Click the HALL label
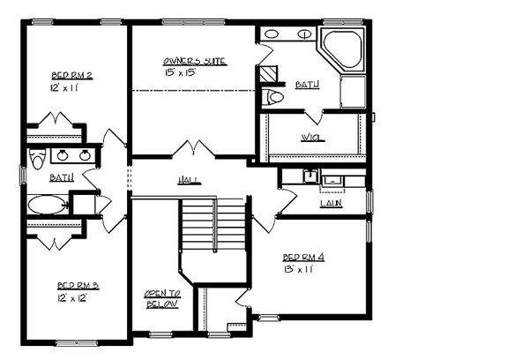188,180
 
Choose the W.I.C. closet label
309,137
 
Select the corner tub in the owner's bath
342,51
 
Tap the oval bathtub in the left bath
46,206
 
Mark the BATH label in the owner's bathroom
308,86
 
